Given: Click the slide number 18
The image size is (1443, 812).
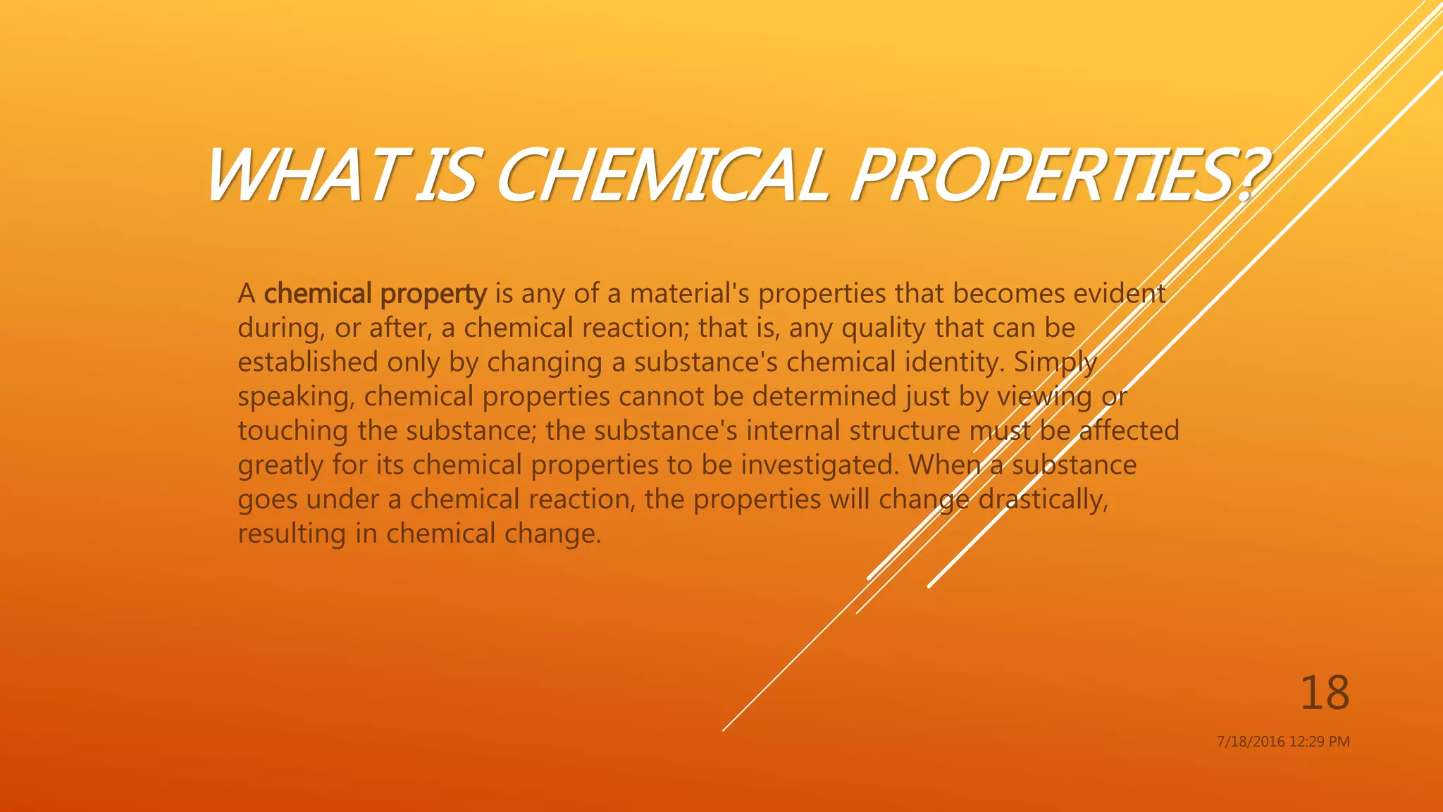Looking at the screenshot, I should [x=1325, y=693].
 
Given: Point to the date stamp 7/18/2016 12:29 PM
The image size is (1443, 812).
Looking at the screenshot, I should [x=1283, y=742].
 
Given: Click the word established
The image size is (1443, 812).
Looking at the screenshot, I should [x=308, y=362].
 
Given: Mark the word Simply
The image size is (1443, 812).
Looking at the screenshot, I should [x=1055, y=362].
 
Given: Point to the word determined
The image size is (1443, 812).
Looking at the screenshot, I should [x=824, y=396].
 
